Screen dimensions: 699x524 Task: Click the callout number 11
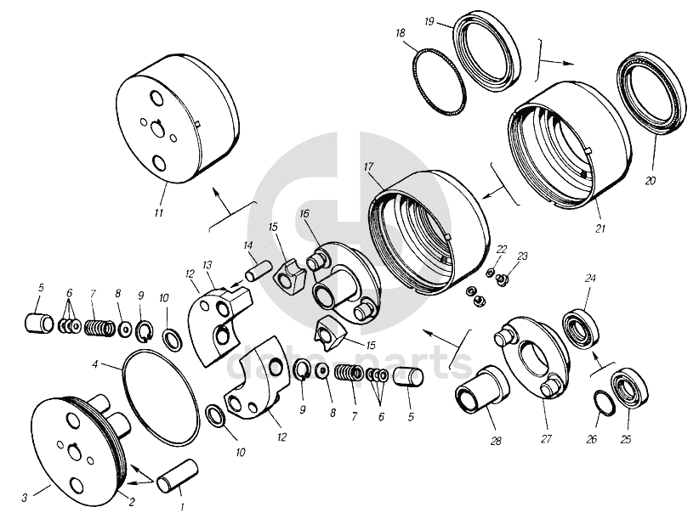(158, 213)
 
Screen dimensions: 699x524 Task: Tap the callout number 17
(367, 167)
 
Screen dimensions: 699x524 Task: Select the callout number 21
(600, 228)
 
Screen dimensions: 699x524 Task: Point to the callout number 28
(496, 441)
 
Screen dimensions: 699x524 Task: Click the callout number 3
(25, 498)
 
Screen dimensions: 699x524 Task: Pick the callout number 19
(429, 21)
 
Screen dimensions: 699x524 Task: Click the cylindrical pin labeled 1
(177, 476)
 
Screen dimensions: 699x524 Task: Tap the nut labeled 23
(502, 280)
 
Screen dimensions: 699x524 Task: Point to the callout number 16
(304, 214)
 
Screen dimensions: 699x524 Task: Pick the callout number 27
(546, 439)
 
